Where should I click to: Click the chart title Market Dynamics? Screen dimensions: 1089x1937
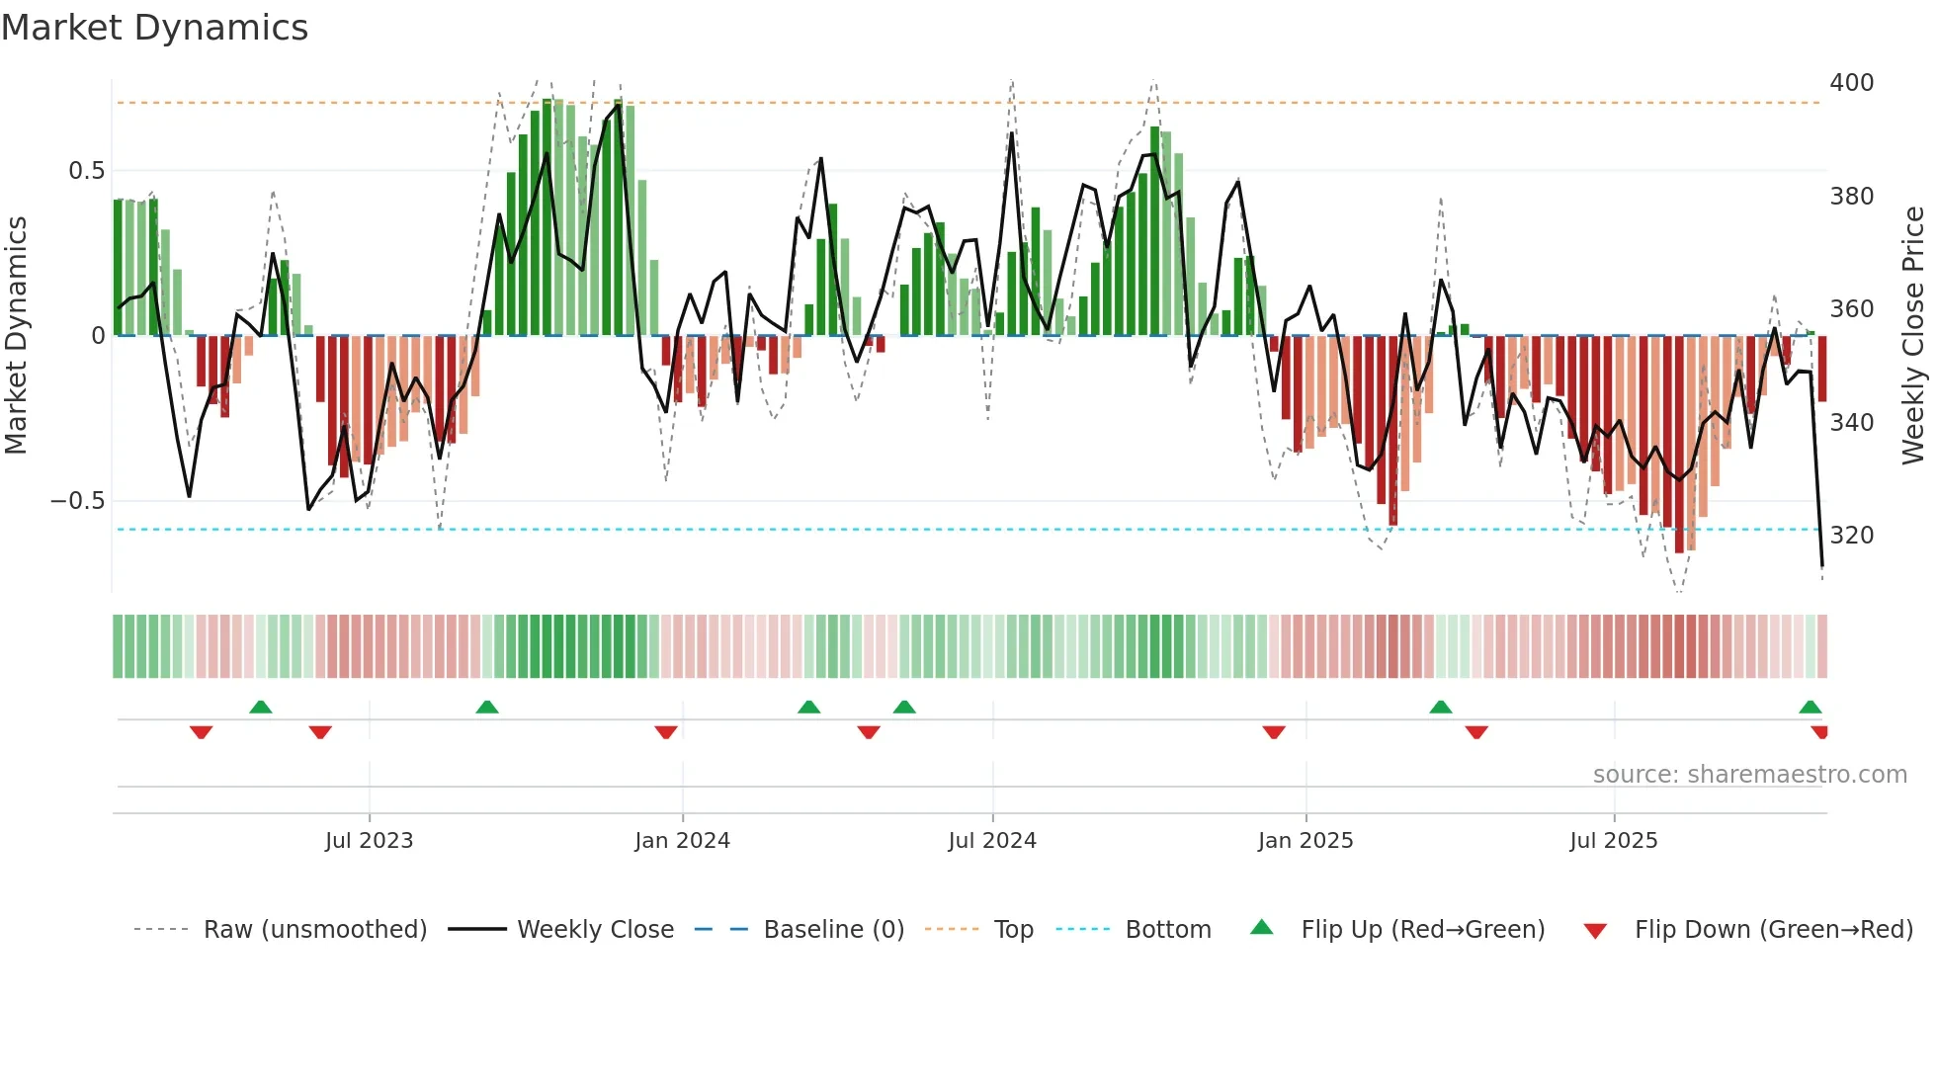pyautogui.click(x=154, y=28)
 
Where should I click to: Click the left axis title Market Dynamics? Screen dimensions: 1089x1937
pyautogui.click(x=16, y=335)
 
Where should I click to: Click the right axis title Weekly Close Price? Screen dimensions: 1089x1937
pyautogui.click(x=1913, y=335)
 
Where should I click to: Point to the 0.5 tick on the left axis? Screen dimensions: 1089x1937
pyautogui.click(x=86, y=171)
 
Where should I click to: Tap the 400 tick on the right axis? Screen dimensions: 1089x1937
pyautogui.click(x=1851, y=83)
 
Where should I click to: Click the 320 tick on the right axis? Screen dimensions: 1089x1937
pyautogui.click(x=1851, y=536)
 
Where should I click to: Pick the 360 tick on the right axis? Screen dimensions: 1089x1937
pyautogui.click(x=1851, y=309)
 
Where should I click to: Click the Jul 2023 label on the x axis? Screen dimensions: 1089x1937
pyautogui.click(x=369, y=841)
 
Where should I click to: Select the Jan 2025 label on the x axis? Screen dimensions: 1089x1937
pyautogui.click(x=1305, y=841)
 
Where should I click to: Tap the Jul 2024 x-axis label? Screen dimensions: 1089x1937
pyautogui.click(x=991, y=841)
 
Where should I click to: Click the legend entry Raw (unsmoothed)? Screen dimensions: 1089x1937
pyautogui.click(x=314, y=930)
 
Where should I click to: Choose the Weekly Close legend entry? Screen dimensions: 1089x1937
pyautogui.click(x=595, y=930)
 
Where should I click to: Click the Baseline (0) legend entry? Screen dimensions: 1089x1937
pyautogui.click(x=833, y=930)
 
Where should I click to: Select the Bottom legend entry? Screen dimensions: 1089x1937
pyautogui.click(x=1167, y=930)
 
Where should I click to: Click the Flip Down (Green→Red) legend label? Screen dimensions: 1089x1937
pyautogui.click(x=1773, y=930)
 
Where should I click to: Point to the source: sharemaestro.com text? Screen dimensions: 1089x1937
pyautogui.click(x=1749, y=775)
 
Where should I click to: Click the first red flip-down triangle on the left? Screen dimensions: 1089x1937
pyautogui.click(x=201, y=732)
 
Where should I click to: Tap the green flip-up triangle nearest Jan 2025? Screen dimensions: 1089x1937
pyautogui.click(x=1440, y=707)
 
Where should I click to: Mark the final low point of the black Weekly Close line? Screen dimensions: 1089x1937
pyautogui.click(x=1821, y=566)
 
